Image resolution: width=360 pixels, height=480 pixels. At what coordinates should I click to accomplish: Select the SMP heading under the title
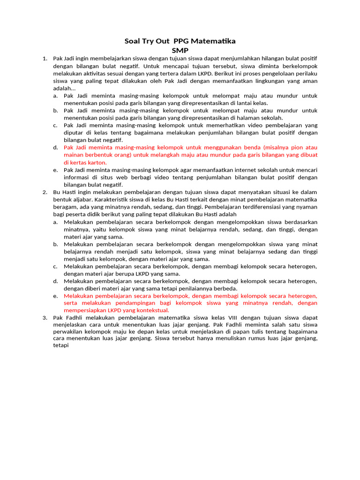point(180,50)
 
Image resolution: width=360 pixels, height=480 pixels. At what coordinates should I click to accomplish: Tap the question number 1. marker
point(45,59)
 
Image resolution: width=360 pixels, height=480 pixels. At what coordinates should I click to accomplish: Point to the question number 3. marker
point(45,317)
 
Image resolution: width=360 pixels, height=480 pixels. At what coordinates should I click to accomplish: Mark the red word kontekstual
point(152,310)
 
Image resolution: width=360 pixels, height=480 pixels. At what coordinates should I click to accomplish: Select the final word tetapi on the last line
point(61,347)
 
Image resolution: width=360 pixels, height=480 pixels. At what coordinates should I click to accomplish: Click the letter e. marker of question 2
point(55,296)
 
